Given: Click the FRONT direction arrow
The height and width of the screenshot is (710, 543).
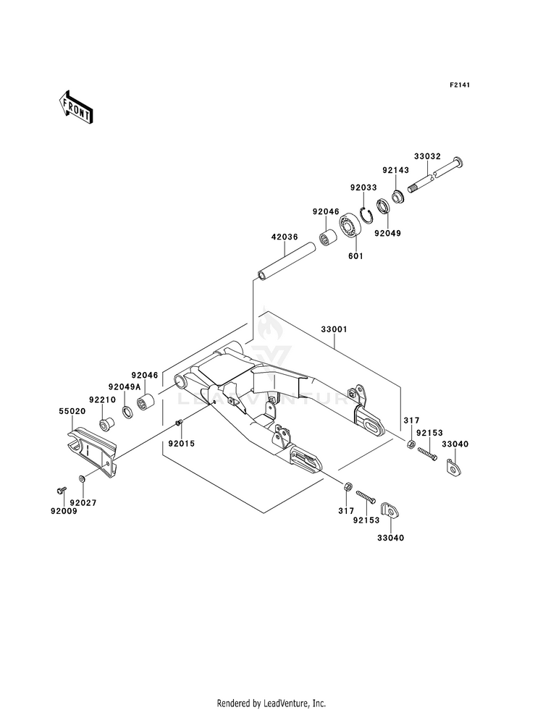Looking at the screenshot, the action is click(x=76, y=107).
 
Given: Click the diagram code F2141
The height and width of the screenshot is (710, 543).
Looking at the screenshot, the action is click(x=460, y=85).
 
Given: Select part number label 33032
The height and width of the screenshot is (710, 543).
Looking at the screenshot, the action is click(x=427, y=156).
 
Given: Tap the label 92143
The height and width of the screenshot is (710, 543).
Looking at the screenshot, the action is click(x=395, y=170).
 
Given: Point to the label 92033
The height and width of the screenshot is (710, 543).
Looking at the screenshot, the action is click(x=363, y=187).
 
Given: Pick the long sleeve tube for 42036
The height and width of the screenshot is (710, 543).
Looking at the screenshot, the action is click(x=286, y=262).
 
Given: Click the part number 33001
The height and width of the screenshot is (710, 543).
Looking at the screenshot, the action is click(x=334, y=329).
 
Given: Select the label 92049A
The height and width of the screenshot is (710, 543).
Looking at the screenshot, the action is click(x=124, y=386).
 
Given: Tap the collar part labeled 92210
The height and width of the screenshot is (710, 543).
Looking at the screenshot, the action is click(x=107, y=425).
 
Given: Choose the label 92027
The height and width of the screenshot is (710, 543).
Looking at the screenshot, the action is click(x=83, y=502).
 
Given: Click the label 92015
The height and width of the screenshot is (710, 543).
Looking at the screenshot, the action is click(x=182, y=444).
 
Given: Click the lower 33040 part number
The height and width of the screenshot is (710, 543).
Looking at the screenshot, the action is click(x=391, y=538).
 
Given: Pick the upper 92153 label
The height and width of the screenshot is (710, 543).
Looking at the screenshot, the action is click(x=429, y=433).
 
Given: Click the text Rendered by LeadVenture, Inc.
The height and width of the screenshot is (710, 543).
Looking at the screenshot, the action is click(x=271, y=703).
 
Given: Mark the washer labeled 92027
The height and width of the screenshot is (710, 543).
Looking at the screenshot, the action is click(x=82, y=479).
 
